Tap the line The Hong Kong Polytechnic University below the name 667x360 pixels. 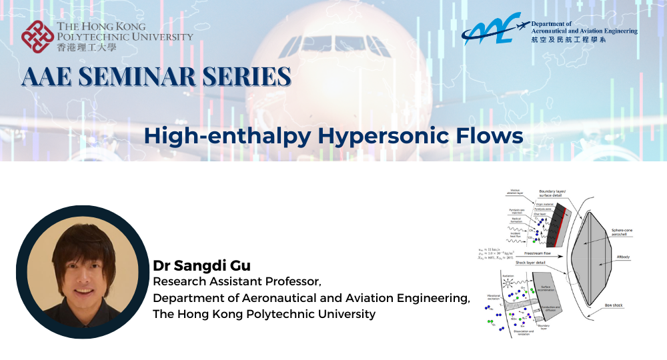[264, 313]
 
